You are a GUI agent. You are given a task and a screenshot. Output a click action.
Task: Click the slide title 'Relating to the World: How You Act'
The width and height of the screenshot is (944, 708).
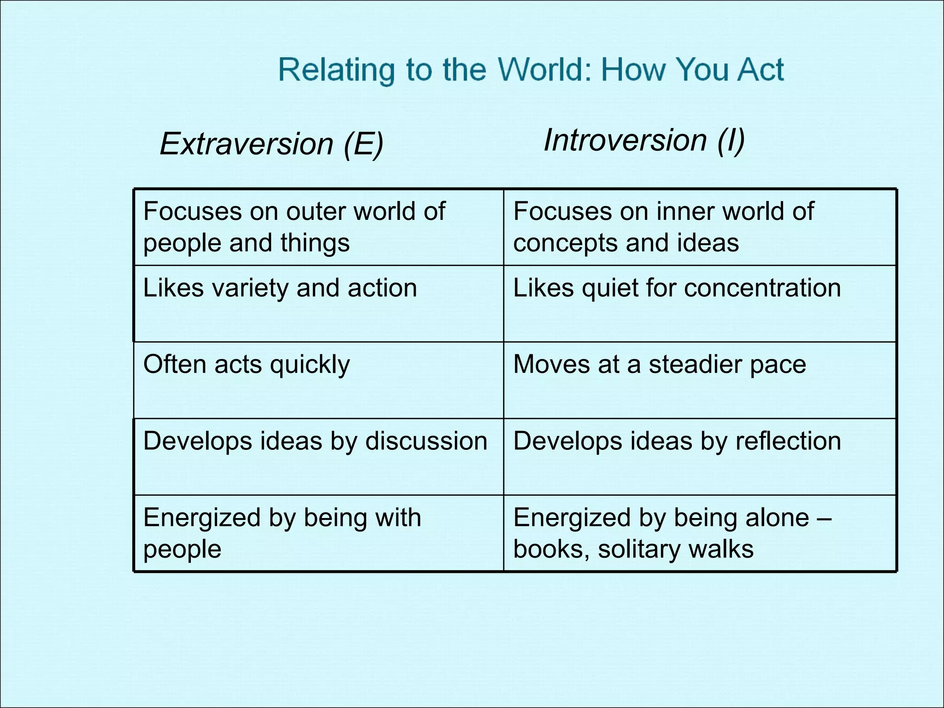[x=531, y=70]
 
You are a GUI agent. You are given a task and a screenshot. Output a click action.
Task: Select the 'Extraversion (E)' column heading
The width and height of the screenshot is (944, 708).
[x=271, y=144]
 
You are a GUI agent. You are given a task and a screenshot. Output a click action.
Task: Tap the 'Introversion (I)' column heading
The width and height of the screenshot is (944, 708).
[x=644, y=140]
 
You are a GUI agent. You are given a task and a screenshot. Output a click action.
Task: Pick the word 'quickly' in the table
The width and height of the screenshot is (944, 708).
[x=310, y=365]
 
